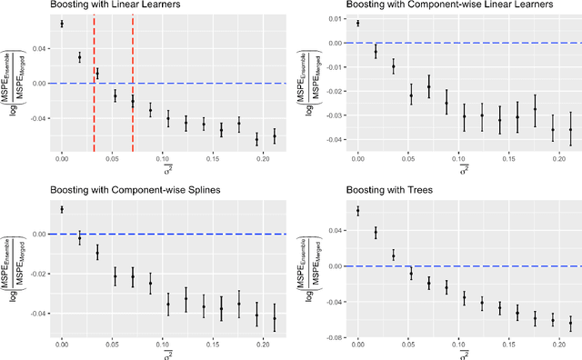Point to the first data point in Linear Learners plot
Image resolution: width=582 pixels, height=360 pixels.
coord(62,24)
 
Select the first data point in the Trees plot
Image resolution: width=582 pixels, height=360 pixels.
coord(357,211)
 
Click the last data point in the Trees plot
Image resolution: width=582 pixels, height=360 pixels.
coord(570,323)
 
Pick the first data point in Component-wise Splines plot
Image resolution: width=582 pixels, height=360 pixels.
coord(62,209)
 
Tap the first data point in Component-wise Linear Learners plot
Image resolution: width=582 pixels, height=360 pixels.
coord(357,23)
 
